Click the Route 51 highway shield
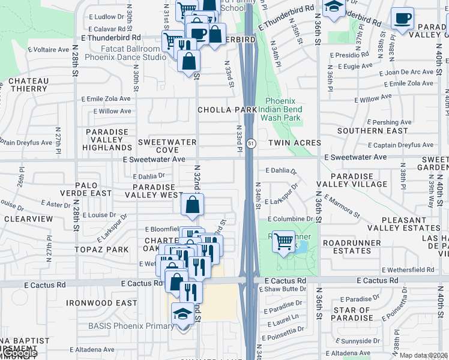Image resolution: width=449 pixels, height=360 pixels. pyautogui.click(x=251, y=143)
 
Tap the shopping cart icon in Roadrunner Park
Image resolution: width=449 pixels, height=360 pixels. pyautogui.click(x=283, y=241)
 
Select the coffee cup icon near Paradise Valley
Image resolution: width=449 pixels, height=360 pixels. pyautogui.click(x=402, y=18)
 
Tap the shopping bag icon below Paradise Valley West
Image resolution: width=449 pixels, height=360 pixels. pyautogui.click(x=193, y=205)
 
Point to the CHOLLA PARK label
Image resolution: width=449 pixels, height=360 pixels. pyautogui.click(x=227, y=110)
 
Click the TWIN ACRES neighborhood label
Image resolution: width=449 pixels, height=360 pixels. pyautogui.click(x=294, y=143)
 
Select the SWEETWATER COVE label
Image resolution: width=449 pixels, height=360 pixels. pyautogui.click(x=159, y=145)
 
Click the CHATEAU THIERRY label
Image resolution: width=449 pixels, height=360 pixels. pyautogui.click(x=28, y=85)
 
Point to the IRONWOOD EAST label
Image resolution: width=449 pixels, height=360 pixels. pyautogui.click(x=101, y=303)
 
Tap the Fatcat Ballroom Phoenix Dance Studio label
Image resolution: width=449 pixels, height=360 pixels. pyautogui.click(x=125, y=53)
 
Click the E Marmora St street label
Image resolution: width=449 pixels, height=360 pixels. pyautogui.click(x=342, y=206)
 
